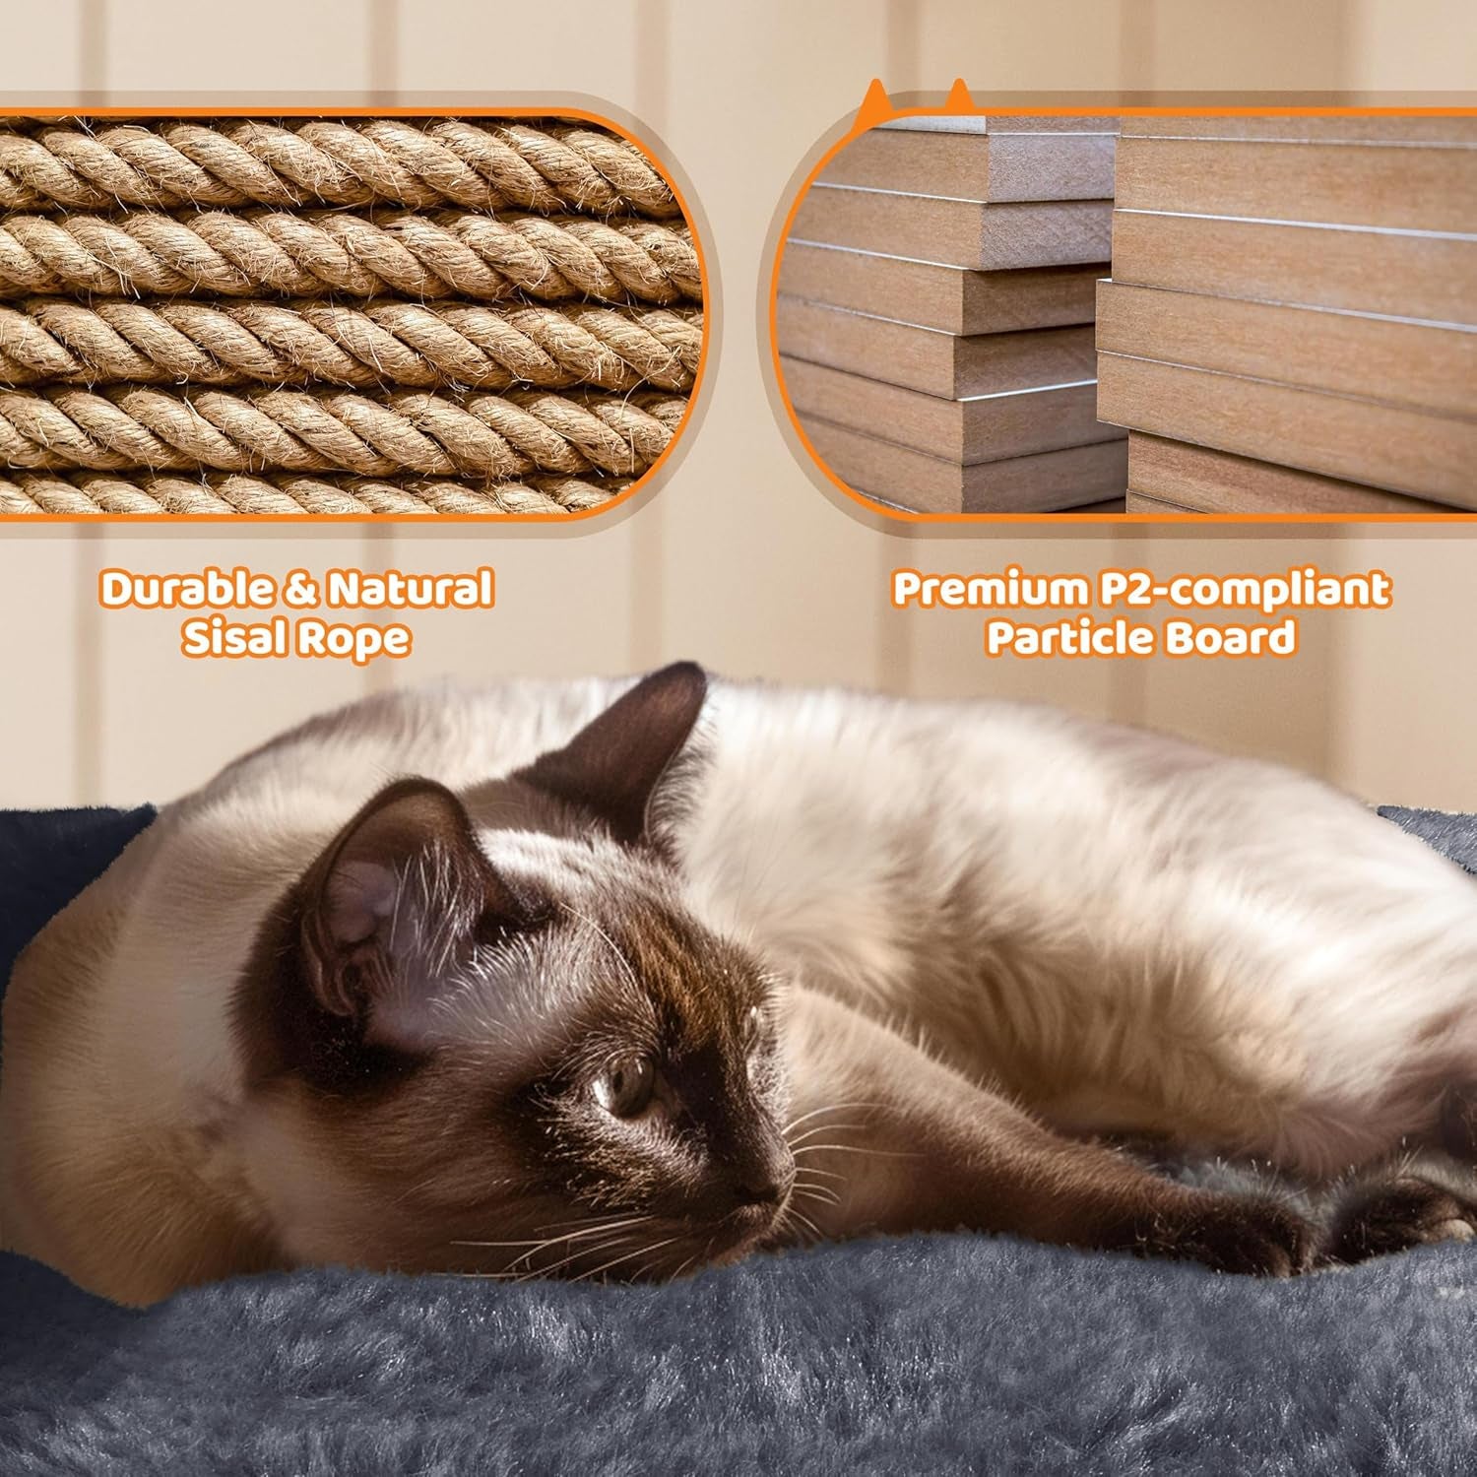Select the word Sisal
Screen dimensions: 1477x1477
(232, 638)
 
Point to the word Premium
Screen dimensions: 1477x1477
(988, 589)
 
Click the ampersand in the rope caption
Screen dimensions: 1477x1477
(299, 589)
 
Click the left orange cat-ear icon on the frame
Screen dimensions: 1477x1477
(872, 100)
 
